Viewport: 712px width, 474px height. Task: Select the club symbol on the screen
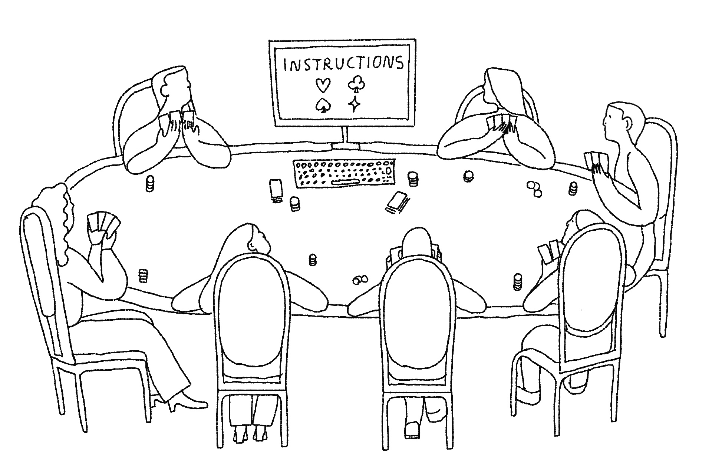click(x=356, y=83)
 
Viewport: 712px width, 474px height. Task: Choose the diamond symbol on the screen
click(x=355, y=105)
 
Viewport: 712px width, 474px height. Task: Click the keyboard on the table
click(x=344, y=173)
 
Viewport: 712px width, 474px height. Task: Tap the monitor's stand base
click(x=346, y=146)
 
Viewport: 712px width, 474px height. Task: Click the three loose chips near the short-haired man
click(x=534, y=189)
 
